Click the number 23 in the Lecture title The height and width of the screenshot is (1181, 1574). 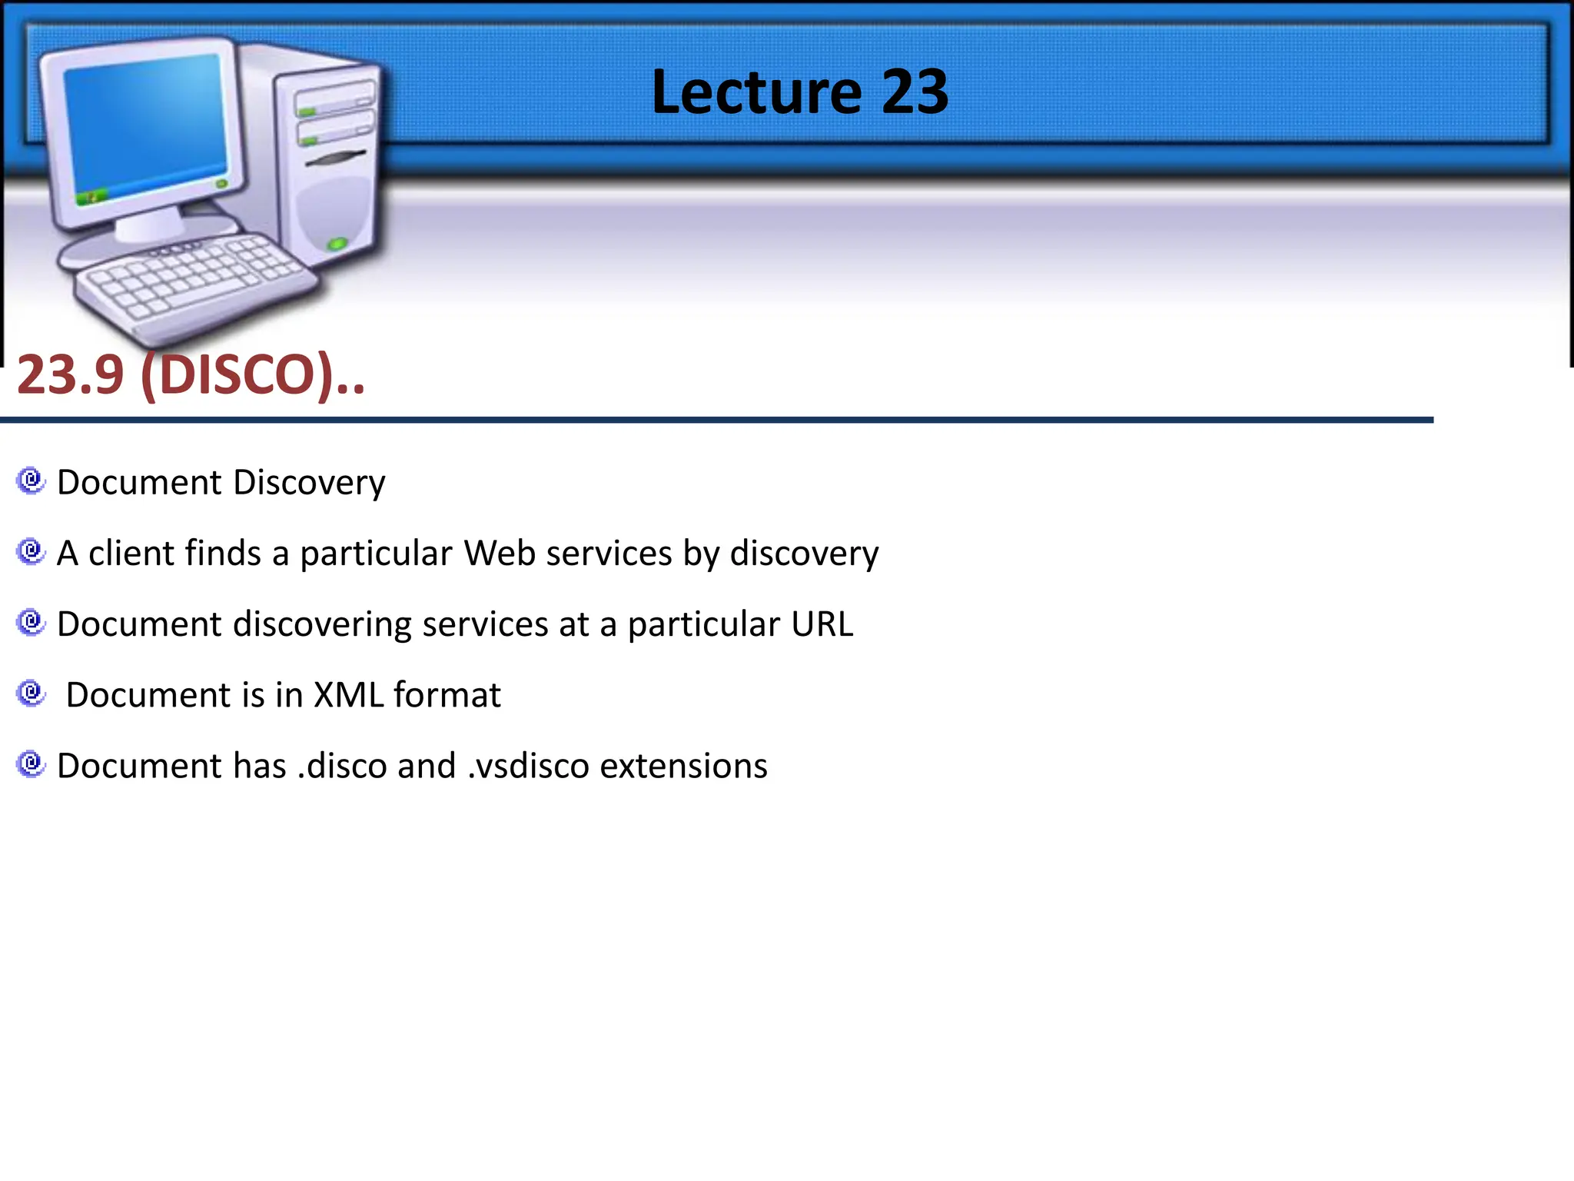coord(915,92)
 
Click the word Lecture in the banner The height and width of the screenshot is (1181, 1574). coord(756,92)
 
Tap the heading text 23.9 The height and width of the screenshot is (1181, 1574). coord(70,375)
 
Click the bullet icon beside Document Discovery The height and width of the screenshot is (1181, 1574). coord(31,481)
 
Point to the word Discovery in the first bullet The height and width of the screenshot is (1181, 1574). coord(309,484)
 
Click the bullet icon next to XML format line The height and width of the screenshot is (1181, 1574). coord(31,694)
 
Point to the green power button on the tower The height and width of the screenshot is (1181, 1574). coord(337,245)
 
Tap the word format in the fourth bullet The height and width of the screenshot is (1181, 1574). coord(447,695)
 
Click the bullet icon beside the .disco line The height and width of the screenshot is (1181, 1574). coord(31,763)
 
